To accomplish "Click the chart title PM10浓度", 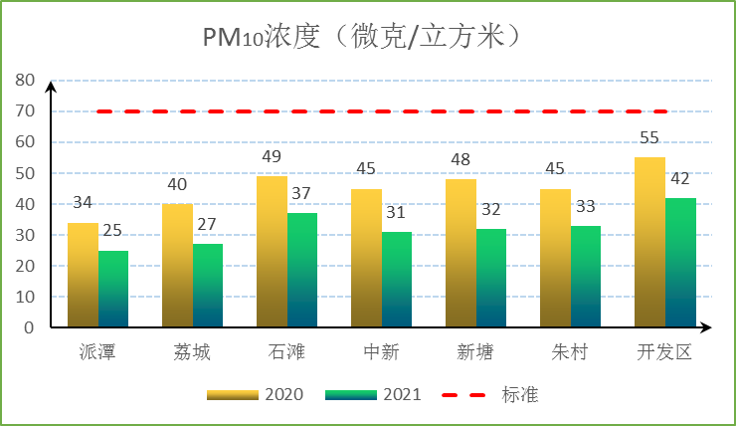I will (x=363, y=37).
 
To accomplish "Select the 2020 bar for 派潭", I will (x=83, y=276).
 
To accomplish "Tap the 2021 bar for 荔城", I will (x=208, y=286).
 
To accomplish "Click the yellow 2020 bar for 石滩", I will (x=272, y=252).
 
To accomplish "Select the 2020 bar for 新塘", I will (x=460, y=254).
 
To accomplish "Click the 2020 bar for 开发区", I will (x=649, y=243).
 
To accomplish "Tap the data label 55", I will (x=649, y=138).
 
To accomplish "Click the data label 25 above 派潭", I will (x=112, y=231).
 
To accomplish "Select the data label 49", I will (x=272, y=157).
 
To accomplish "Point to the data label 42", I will (x=680, y=179).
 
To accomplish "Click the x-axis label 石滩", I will (x=286, y=352).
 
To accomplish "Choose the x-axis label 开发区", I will (x=664, y=352).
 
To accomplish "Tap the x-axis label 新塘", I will (x=475, y=352).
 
